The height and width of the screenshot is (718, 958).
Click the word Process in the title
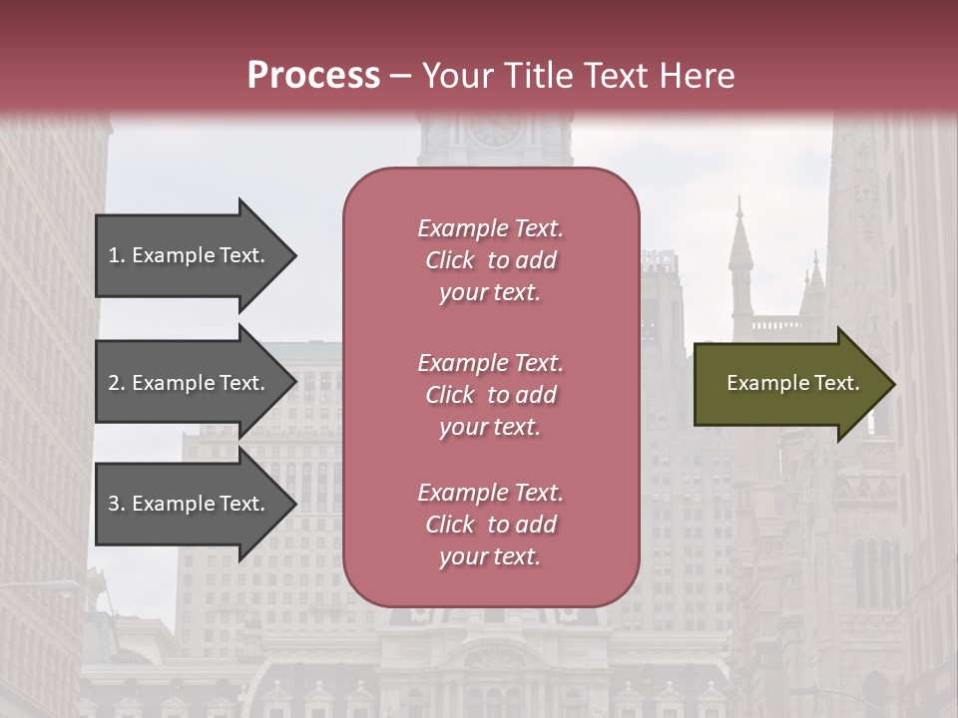pos(313,76)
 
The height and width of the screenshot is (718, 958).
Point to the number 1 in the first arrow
pos(114,255)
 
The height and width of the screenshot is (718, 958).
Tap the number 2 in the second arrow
pos(114,383)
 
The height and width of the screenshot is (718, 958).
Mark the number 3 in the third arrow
pos(114,504)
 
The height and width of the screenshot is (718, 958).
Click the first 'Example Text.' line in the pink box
pos(490,228)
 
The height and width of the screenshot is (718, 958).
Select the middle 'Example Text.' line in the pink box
pos(490,362)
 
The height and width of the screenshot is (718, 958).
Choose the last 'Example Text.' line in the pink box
pos(490,493)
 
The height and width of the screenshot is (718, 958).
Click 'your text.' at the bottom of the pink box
pos(490,557)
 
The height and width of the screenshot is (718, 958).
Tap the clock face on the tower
pos(495,130)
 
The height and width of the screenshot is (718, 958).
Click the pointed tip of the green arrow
pos(893,384)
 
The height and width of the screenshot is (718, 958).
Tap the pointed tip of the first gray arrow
pos(295,255)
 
